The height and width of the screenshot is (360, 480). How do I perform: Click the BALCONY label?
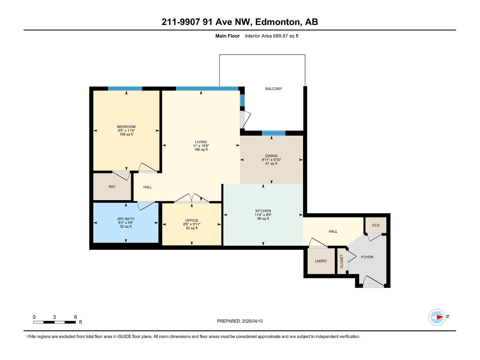pyautogui.click(x=274, y=88)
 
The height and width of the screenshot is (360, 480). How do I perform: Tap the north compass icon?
pyautogui.click(x=437, y=317)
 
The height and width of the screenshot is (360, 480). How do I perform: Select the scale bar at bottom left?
pyautogui.click(x=54, y=322)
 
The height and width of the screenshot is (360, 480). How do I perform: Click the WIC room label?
pyautogui.click(x=112, y=187)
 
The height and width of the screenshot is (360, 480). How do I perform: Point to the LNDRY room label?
pyautogui.click(x=321, y=261)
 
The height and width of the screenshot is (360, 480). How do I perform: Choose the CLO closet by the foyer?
pyautogui.click(x=376, y=225)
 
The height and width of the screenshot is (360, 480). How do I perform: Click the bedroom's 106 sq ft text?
pyautogui.click(x=126, y=134)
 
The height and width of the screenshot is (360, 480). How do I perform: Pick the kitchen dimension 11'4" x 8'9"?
pyautogui.click(x=263, y=215)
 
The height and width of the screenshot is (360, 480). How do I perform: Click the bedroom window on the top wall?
pyautogui.click(x=125, y=88)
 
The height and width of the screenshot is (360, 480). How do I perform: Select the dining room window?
pyautogui.click(x=273, y=133)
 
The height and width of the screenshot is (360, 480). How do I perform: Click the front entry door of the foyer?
pyautogui.click(x=373, y=283)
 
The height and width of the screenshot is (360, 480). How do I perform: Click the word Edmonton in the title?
pyautogui.click(x=278, y=22)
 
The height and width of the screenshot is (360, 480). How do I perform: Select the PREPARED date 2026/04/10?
pyautogui.click(x=252, y=321)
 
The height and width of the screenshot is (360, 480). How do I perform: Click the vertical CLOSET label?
pyautogui.click(x=341, y=261)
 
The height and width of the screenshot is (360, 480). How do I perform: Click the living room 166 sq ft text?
pyautogui.click(x=201, y=149)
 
